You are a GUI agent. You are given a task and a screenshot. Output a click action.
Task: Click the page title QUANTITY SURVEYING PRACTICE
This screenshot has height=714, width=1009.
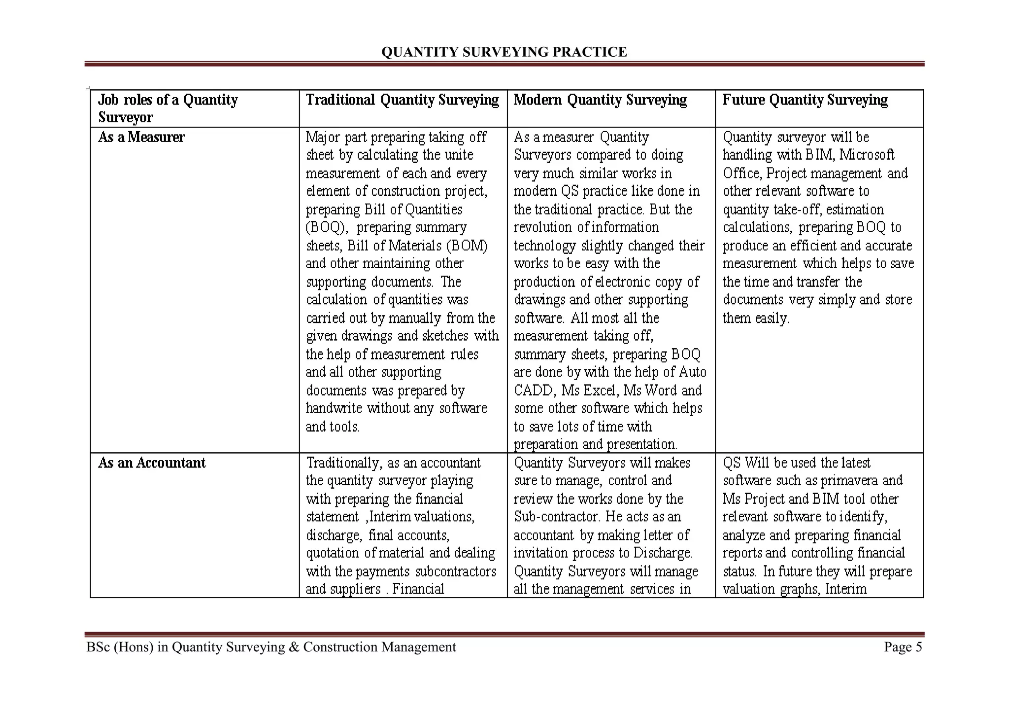[x=504, y=52]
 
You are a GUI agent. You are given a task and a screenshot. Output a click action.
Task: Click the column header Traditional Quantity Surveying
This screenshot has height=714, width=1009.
[x=403, y=100]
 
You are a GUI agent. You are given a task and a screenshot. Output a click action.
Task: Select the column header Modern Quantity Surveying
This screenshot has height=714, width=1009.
[x=600, y=100]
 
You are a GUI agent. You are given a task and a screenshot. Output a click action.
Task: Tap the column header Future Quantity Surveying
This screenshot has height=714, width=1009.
[x=805, y=100]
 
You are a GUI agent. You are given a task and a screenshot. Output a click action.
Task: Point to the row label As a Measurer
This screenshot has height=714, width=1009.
[x=141, y=137]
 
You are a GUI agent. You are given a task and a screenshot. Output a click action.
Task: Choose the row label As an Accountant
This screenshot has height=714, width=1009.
[x=152, y=463]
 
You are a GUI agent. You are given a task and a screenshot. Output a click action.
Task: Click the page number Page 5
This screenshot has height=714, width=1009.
[x=903, y=647]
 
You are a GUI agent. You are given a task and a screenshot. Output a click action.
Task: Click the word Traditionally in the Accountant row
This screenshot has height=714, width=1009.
[x=344, y=463]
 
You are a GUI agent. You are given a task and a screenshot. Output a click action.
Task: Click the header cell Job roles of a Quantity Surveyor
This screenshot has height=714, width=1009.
[x=168, y=108]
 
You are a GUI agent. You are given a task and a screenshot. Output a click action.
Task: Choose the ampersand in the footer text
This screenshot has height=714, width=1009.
[x=294, y=647]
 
